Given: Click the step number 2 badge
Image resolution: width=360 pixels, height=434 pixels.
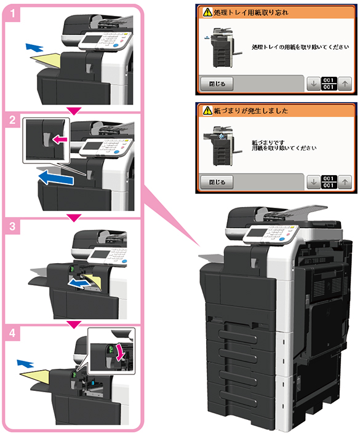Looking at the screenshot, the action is [x=12, y=120].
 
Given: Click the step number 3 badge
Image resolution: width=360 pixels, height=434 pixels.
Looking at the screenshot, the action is [x=12, y=227].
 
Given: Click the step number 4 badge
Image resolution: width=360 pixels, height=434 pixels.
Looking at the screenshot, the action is [x=12, y=333].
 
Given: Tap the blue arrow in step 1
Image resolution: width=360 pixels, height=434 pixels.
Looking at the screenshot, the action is [x=34, y=47].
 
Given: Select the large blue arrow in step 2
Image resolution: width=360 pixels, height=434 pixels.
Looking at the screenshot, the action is [x=55, y=177].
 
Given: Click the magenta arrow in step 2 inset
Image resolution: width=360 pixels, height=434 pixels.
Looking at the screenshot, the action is [x=60, y=139].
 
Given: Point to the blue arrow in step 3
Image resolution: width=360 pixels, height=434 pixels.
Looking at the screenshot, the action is [x=79, y=283].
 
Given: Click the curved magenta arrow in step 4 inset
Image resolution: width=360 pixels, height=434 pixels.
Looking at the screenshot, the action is [x=121, y=352].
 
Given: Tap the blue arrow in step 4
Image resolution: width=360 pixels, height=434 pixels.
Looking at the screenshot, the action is [x=25, y=363].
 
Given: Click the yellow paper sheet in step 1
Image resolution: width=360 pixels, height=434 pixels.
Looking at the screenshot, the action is [x=46, y=61].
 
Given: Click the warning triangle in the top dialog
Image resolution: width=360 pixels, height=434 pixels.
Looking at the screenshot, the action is [x=207, y=12].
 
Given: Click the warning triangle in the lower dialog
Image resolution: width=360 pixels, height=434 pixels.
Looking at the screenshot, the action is [x=207, y=111].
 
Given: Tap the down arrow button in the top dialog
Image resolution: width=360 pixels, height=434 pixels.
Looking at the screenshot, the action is [x=314, y=84].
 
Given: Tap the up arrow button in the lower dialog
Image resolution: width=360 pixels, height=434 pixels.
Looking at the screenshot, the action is [x=345, y=182].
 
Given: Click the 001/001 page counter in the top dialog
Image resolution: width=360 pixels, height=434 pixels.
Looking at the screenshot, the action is [x=329, y=84].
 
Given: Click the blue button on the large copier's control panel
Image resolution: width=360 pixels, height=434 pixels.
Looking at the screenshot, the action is [x=282, y=239].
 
